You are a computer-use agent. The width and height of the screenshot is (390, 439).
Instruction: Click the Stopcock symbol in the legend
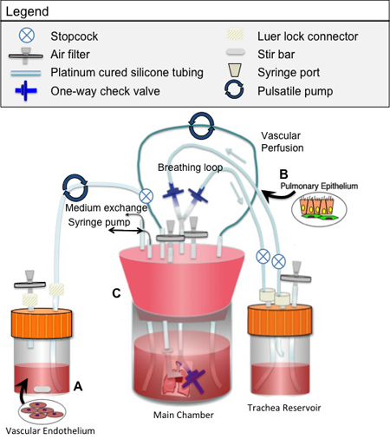coord(27,36)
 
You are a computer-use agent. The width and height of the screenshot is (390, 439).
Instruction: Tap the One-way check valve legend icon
coord(26,91)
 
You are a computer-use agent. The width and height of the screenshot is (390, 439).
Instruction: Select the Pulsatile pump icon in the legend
coord(234,90)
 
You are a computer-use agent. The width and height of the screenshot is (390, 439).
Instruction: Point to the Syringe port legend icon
coord(234,70)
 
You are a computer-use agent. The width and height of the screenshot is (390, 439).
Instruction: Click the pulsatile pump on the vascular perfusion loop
coord(202,127)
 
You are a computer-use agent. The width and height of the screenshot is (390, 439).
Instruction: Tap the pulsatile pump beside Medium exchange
coord(75,187)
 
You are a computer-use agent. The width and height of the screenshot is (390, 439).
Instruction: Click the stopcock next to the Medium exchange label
coord(146,196)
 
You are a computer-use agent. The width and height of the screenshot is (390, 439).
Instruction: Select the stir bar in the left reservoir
coord(42,390)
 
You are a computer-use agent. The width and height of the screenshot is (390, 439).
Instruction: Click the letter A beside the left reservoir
coord(78,386)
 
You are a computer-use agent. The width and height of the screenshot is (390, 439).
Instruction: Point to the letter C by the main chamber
coord(116,293)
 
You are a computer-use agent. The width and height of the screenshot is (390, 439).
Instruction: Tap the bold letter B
coord(283,174)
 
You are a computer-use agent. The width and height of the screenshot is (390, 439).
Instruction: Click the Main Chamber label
coord(184,415)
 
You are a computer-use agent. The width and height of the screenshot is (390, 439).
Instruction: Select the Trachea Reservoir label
coord(284,408)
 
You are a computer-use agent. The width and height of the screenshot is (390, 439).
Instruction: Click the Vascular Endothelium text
coord(50,430)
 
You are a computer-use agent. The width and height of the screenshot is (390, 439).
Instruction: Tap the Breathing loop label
coord(190,167)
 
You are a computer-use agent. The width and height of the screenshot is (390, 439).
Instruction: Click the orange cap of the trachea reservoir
coord(280,319)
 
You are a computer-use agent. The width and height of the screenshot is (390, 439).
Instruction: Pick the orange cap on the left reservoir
coord(42,323)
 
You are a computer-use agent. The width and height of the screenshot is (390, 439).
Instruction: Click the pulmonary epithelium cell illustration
coord(319,209)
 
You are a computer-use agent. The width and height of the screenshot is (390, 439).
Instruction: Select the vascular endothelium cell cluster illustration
coord(42,411)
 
